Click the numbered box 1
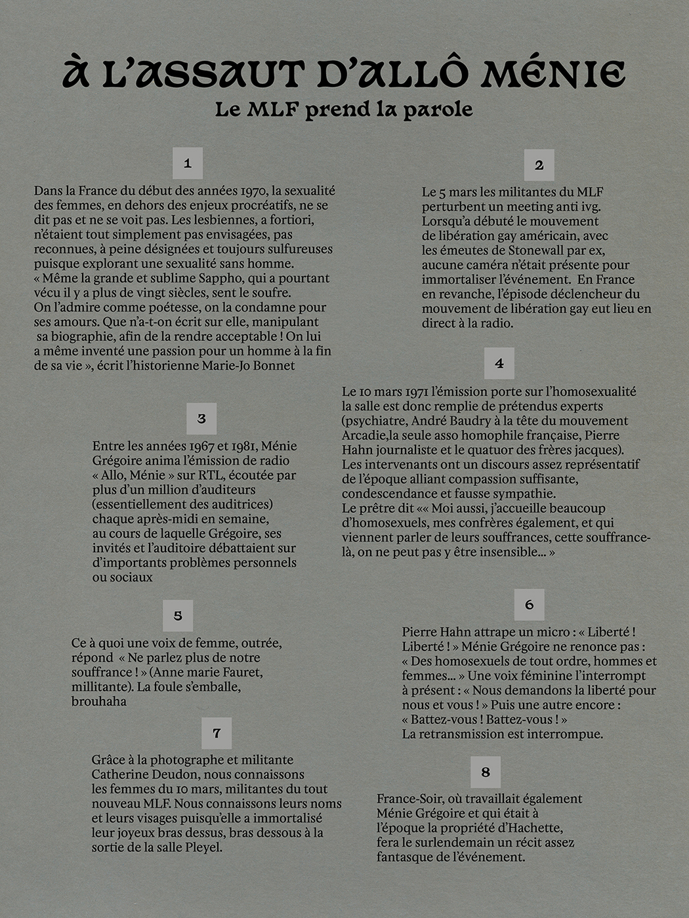(x=188, y=163)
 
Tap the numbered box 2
(x=539, y=165)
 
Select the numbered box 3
(x=201, y=418)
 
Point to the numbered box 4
(x=499, y=363)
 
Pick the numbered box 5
(x=178, y=616)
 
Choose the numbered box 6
(x=530, y=605)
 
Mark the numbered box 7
(x=217, y=733)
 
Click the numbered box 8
(x=486, y=772)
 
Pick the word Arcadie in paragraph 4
(x=364, y=435)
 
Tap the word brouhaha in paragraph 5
(x=99, y=701)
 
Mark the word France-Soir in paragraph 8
(x=409, y=799)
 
